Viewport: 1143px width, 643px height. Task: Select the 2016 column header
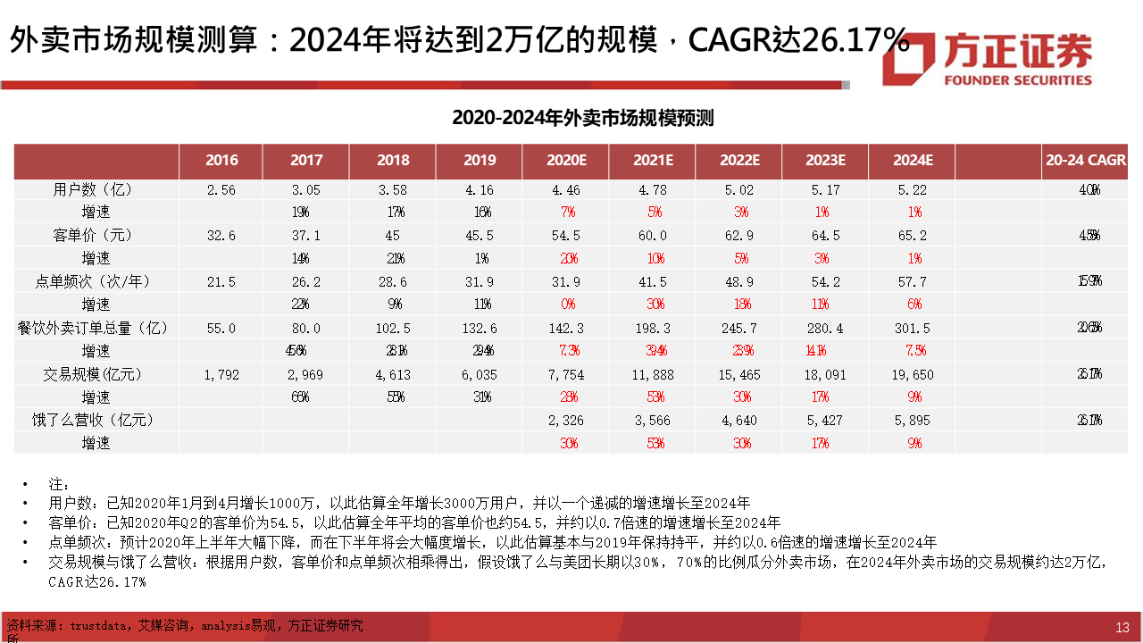221,161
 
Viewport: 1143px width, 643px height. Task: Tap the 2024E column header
913,161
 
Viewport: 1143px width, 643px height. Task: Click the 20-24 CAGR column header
1085,161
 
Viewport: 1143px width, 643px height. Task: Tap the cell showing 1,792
221,374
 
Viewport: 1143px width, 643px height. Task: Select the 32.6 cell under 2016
221,236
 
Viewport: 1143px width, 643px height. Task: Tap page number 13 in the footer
1122,627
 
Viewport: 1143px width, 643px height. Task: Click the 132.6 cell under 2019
480,328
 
